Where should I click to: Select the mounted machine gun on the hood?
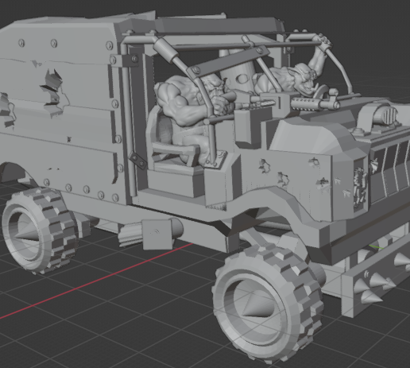314,103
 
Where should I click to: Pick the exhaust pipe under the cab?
159,233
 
